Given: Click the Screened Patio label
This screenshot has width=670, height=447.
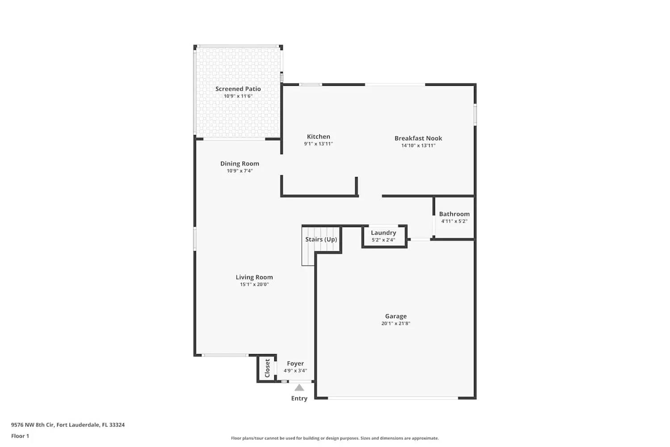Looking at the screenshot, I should (x=238, y=89).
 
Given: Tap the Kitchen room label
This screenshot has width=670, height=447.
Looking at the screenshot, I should (x=318, y=137).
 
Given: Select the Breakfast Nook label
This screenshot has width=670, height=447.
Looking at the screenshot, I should (x=418, y=138).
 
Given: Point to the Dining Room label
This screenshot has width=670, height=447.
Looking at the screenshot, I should (x=239, y=164).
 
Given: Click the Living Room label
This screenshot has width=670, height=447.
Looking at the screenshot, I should (x=254, y=277).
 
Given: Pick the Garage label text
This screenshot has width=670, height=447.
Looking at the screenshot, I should (x=396, y=316).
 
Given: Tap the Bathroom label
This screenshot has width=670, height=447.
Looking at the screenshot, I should (x=454, y=214).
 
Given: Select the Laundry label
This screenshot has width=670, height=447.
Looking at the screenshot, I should (x=383, y=233).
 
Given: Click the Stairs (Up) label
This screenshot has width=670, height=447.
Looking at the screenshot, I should (x=321, y=240).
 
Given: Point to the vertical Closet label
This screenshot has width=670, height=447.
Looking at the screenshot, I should (x=267, y=368).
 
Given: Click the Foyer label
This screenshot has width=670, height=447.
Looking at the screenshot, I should (x=295, y=364).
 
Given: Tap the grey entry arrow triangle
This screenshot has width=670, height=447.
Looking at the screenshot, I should (x=299, y=388).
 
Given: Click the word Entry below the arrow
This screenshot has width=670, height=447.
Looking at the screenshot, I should (x=299, y=399).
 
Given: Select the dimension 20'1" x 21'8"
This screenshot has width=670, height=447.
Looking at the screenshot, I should (x=396, y=324).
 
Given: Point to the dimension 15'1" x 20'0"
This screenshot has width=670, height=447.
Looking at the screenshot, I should (x=254, y=285).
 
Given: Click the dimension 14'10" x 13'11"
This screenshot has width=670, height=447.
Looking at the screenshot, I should (x=418, y=146).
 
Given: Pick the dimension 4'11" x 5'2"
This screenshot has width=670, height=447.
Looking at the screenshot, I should (x=454, y=221).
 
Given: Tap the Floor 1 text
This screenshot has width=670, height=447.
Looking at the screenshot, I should (x=20, y=436).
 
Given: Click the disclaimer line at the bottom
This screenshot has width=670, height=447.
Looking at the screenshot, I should (x=335, y=439).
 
